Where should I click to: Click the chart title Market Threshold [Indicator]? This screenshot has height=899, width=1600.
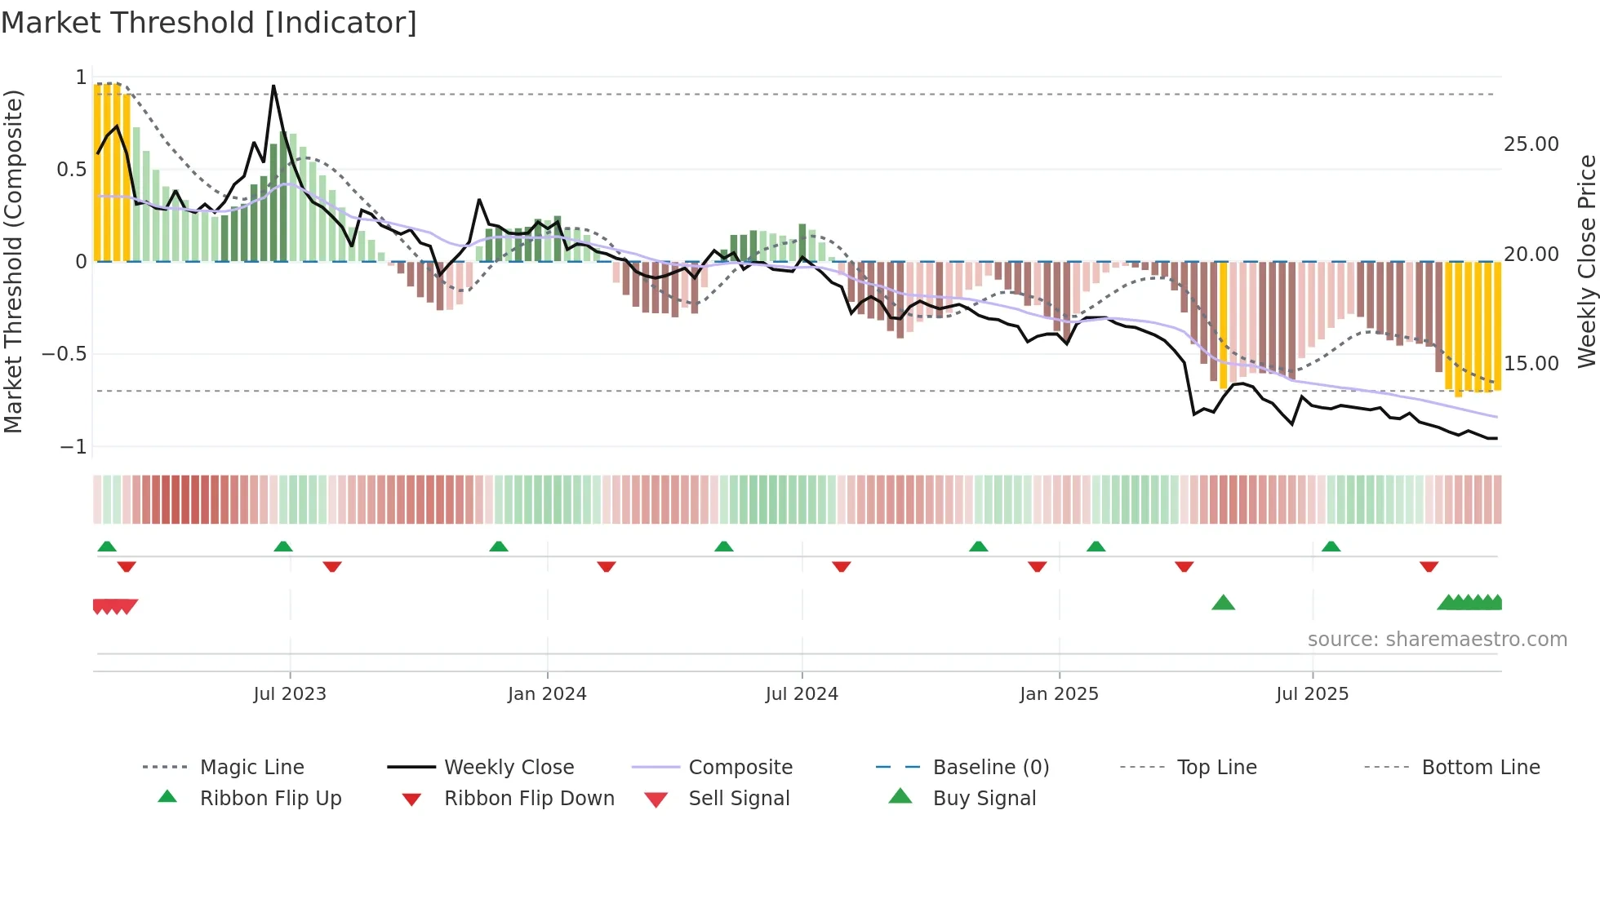point(209,23)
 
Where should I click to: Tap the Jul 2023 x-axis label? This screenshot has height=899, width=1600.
point(289,694)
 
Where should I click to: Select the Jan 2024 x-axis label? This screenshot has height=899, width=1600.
point(546,694)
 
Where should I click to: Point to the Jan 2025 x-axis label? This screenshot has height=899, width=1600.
point(1059,694)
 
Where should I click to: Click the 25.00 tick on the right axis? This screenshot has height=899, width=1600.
point(1531,144)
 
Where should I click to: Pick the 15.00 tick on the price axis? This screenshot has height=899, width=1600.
point(1531,364)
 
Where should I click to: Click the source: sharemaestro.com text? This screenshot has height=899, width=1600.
point(1437,640)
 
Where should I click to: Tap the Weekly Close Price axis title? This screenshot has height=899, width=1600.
point(1586,261)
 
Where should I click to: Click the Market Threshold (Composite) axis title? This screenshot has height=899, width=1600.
point(13,261)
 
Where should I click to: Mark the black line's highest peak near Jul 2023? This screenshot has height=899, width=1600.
point(273,86)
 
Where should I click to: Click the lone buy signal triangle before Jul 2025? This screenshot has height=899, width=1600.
point(1223,603)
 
